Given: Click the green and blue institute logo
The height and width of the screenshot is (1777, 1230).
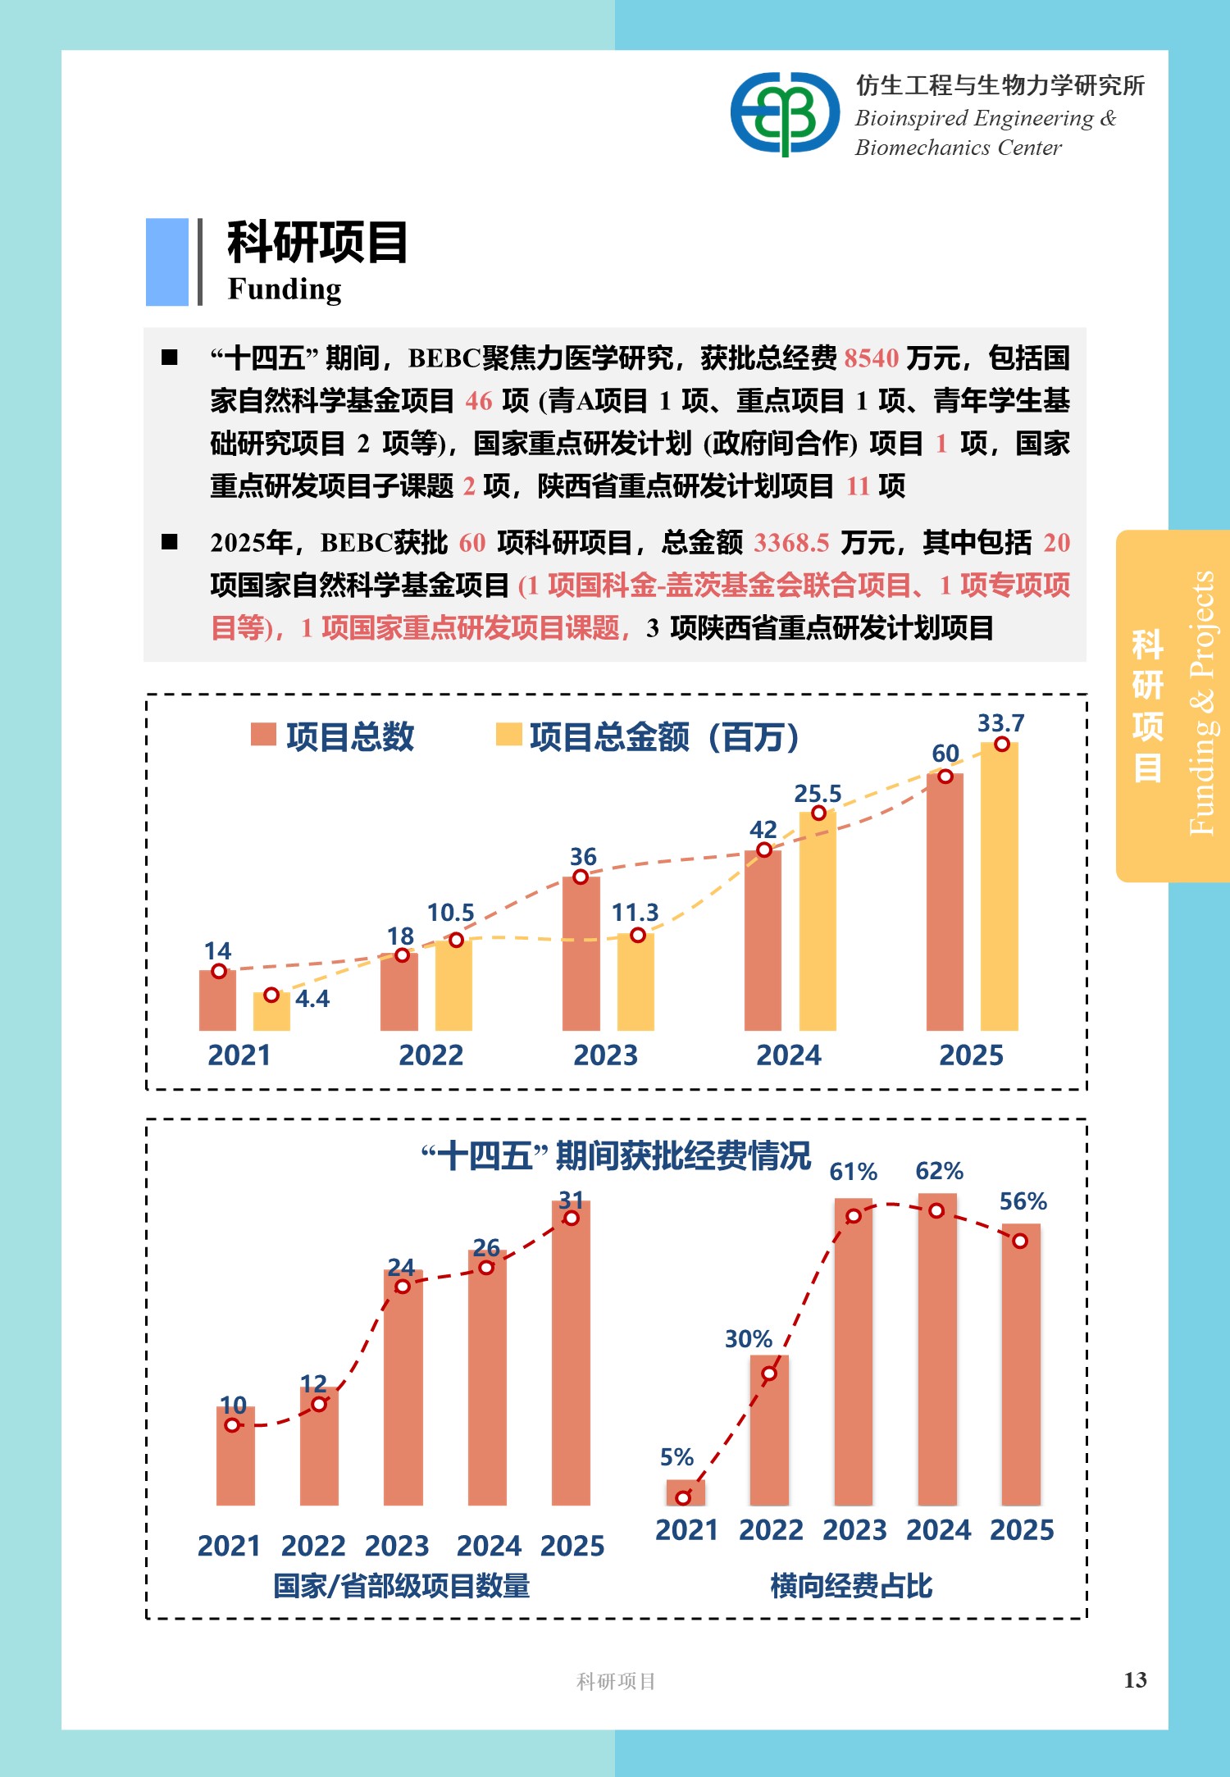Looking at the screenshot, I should (x=785, y=113).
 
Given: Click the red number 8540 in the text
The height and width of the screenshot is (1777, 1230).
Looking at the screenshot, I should (x=872, y=358).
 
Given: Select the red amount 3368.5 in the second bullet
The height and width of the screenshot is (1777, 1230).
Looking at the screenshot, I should (x=791, y=543).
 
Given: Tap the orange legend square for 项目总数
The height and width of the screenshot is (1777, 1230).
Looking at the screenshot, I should (x=263, y=734).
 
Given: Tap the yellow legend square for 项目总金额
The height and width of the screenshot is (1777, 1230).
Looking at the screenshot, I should (x=508, y=735).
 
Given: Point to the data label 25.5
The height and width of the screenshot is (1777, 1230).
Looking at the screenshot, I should (x=818, y=794).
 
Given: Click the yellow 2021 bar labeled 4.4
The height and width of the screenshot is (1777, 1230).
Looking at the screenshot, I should (x=271, y=1013).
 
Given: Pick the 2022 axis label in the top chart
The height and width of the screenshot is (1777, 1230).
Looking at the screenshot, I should (x=430, y=1055).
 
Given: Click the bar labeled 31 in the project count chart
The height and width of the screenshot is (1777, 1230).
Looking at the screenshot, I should (x=571, y=1353).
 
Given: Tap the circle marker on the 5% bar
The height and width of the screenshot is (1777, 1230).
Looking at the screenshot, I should (x=683, y=1497).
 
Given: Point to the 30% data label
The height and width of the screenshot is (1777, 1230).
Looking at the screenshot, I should (x=749, y=1339).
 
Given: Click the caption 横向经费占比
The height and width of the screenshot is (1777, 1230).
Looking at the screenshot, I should (x=851, y=1586).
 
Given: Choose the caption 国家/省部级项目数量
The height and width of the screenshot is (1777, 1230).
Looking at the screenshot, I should (x=401, y=1586).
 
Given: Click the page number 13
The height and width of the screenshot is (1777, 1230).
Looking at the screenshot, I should (x=1135, y=1679).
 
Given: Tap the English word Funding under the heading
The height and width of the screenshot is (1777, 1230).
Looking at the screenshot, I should (x=285, y=289).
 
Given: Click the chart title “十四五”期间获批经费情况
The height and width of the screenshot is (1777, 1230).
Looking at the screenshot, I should (x=616, y=1156).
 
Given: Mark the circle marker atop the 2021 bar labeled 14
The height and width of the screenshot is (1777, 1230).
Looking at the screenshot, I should (x=219, y=972).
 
